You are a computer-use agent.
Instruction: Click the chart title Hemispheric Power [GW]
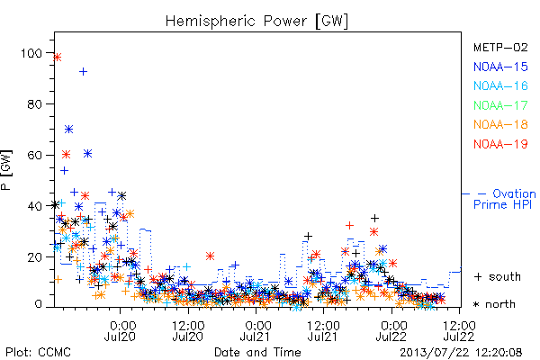point(256,22)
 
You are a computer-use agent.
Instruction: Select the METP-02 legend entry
point(500,47)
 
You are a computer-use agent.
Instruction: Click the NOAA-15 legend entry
point(500,67)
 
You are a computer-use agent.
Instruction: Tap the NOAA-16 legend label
point(500,85)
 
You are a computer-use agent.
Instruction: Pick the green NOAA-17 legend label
point(500,105)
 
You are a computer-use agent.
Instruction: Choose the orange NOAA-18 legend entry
point(500,124)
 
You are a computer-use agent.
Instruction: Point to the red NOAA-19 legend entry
point(500,144)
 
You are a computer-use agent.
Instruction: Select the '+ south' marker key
point(498,276)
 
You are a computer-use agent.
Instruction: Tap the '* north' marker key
point(494,304)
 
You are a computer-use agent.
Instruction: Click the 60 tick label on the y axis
point(34,155)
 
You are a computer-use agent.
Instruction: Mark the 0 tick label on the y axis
point(38,304)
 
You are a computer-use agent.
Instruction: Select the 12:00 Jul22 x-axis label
point(459,331)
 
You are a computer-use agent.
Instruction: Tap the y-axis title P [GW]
point(6,170)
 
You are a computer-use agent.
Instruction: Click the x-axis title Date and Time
point(257,352)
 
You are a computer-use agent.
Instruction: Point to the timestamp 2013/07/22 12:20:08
point(461,352)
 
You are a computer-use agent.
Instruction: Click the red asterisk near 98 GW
point(58,58)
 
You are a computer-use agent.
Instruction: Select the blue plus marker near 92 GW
point(83,72)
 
